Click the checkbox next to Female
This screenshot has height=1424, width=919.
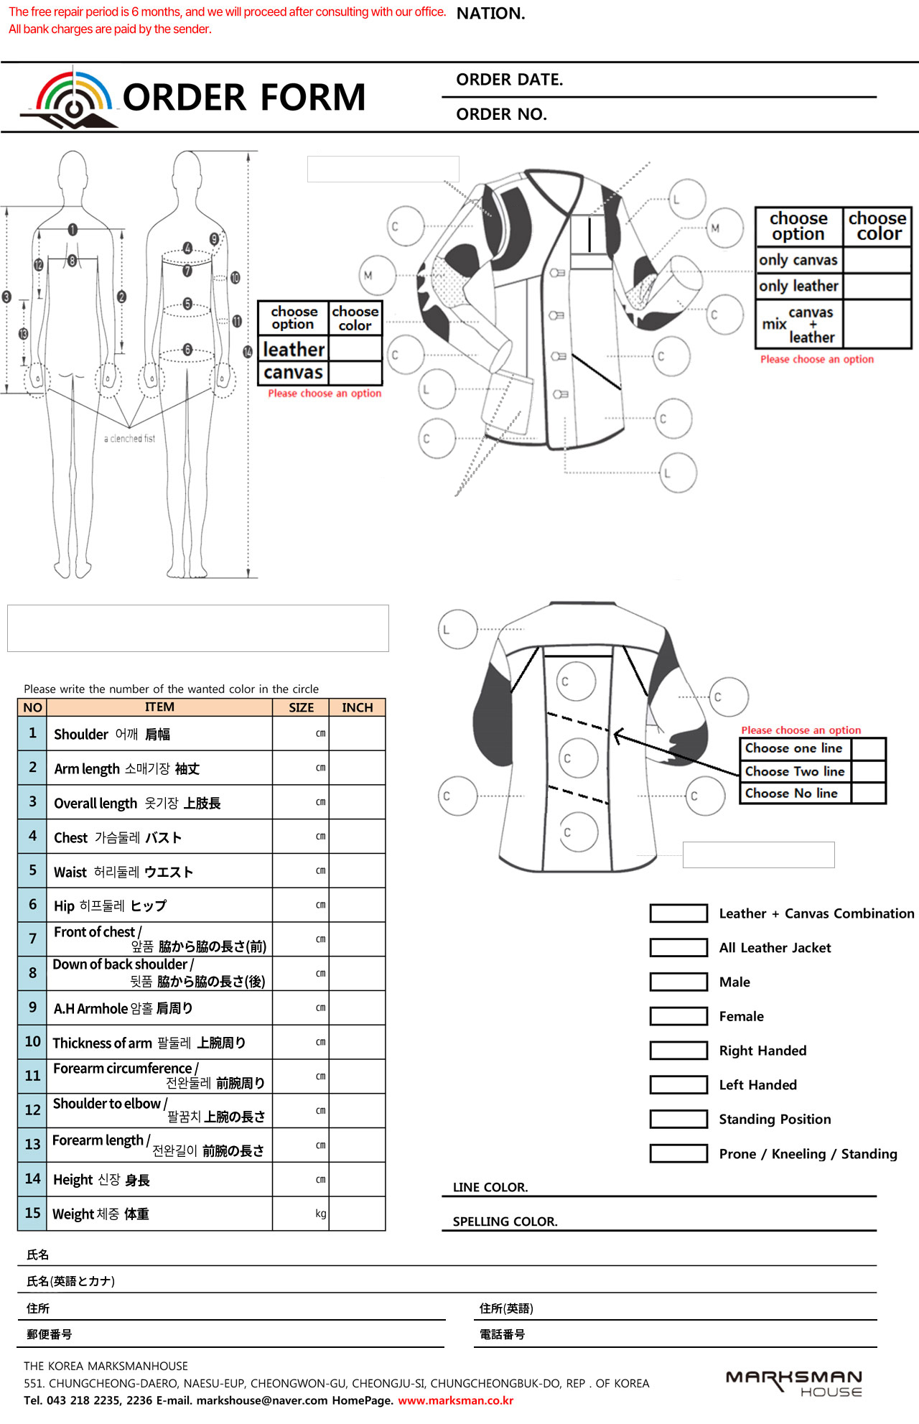[678, 1015]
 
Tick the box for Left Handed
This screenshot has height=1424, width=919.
[678, 1084]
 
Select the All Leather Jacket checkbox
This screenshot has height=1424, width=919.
[678, 947]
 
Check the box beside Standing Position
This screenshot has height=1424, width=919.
[678, 1119]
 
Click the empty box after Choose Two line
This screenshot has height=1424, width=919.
[869, 771]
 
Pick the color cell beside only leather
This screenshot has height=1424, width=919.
[877, 286]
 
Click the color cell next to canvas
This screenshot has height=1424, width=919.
[355, 373]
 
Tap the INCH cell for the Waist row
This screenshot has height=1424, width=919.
[357, 871]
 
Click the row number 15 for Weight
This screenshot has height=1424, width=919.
[32, 1213]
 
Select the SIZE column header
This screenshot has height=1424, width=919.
[301, 707]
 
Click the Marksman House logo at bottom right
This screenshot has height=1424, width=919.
[794, 1382]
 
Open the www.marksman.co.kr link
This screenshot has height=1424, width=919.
[456, 1400]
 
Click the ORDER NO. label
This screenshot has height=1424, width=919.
[501, 114]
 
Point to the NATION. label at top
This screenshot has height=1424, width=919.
[490, 14]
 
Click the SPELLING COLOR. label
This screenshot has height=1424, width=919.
[505, 1221]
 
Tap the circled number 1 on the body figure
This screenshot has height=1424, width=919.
[73, 230]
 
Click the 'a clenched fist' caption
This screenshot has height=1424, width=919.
[129, 438]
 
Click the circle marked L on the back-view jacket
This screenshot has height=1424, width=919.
[457, 629]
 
